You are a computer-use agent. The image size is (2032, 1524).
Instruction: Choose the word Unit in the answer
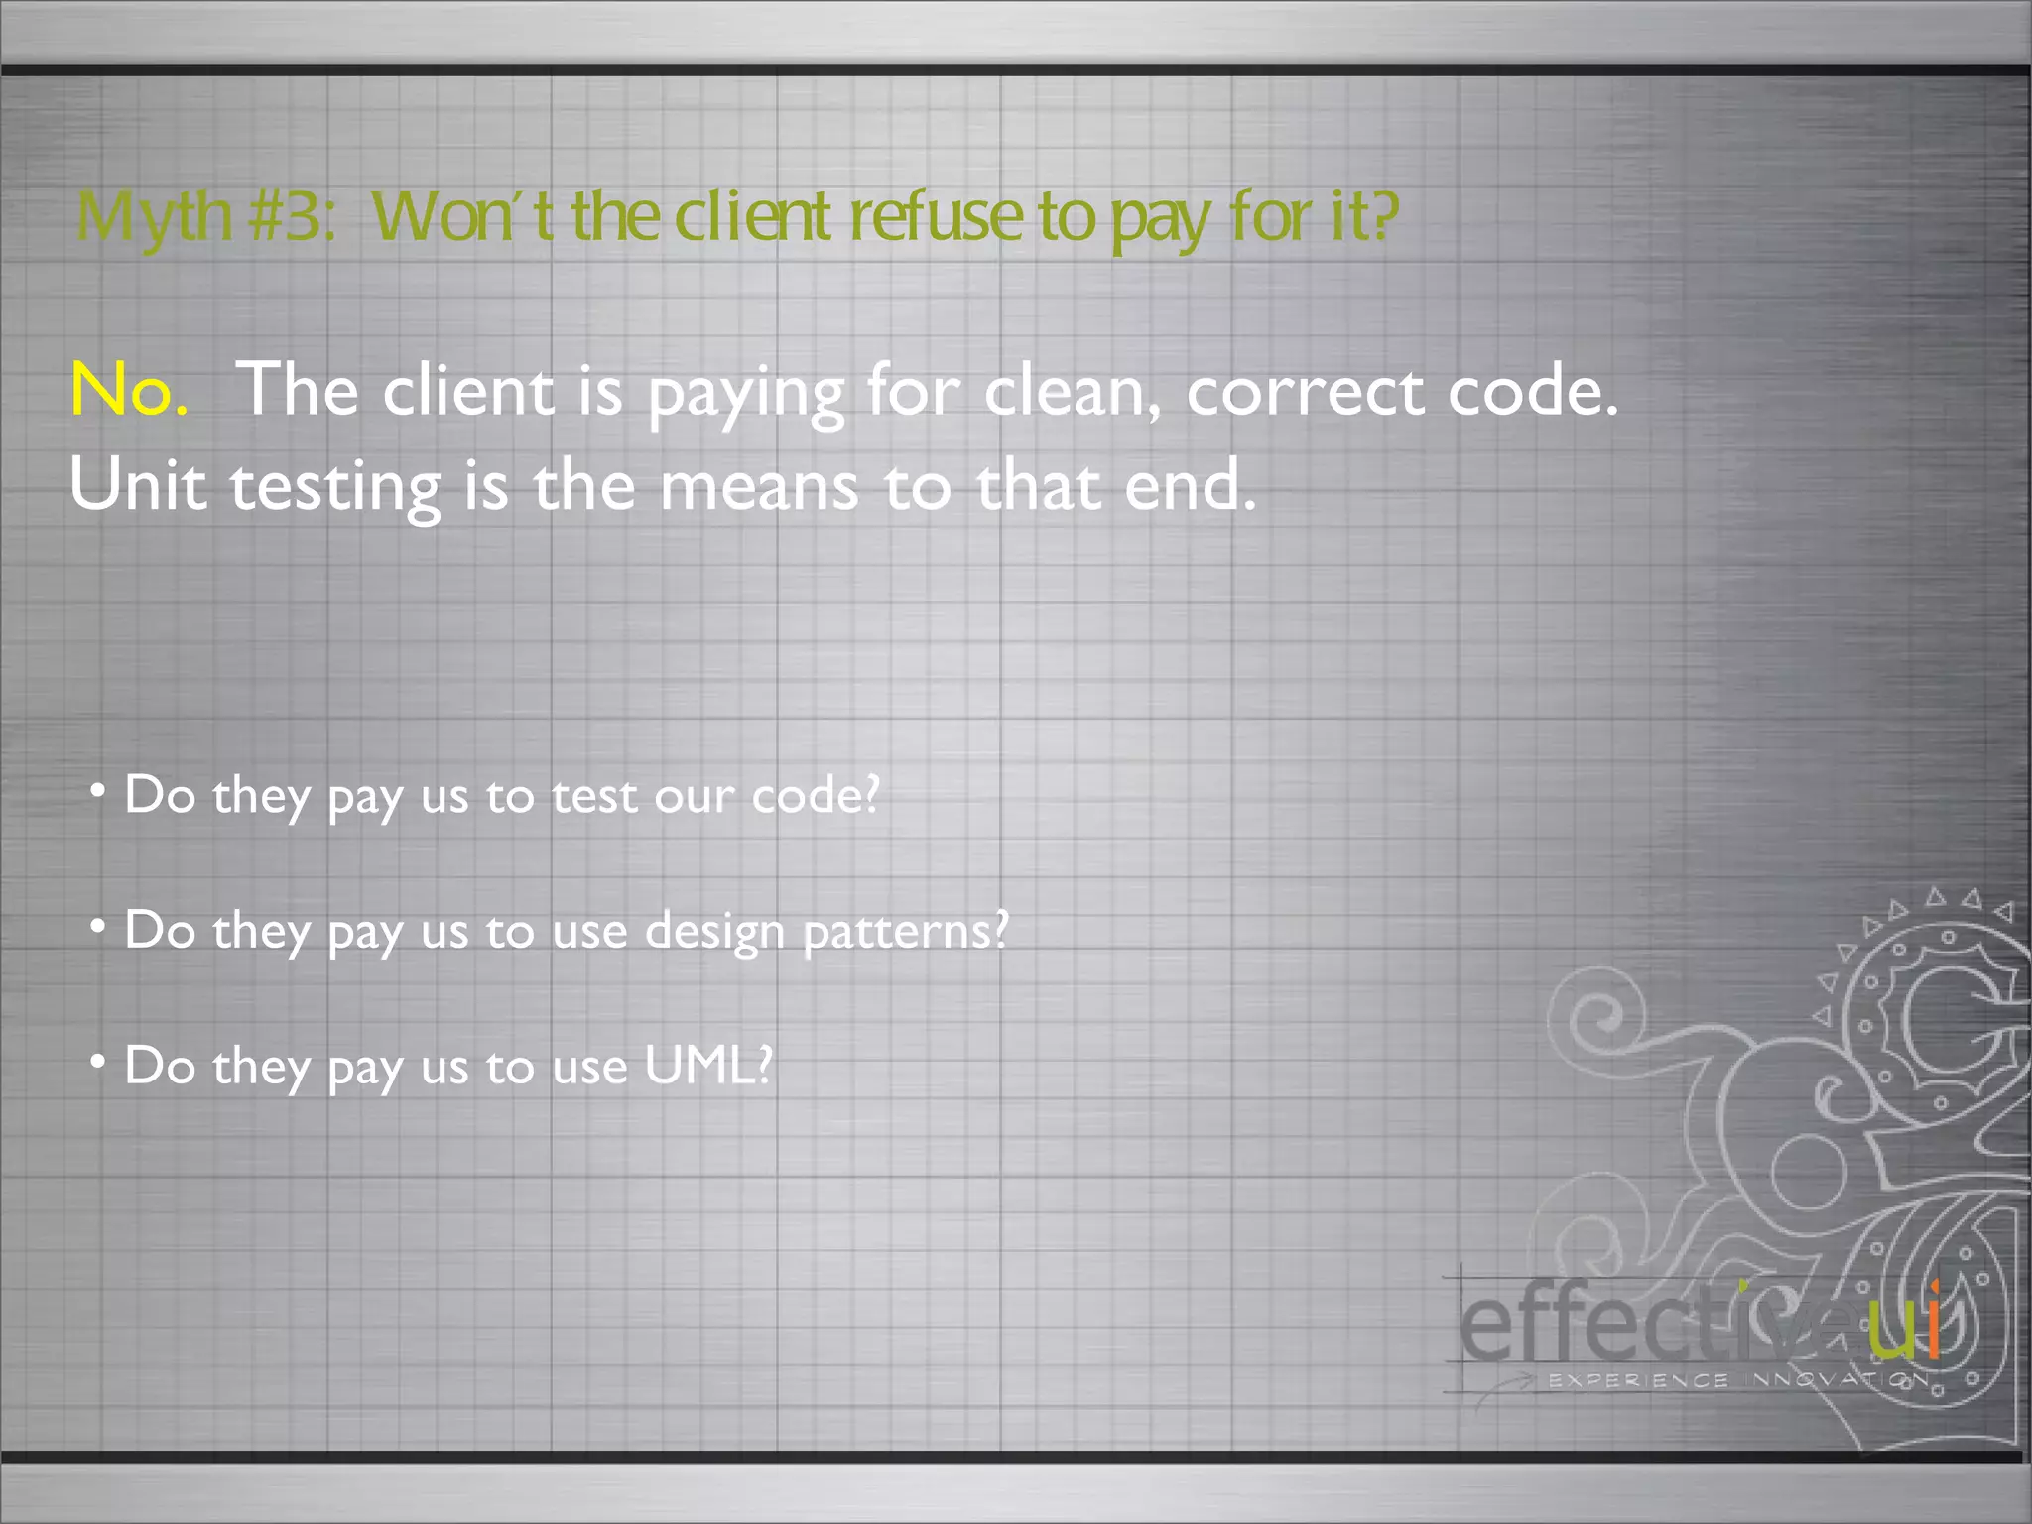(138, 485)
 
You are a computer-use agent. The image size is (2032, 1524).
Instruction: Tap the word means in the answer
(759, 487)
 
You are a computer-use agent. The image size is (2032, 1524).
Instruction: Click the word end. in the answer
(1190, 485)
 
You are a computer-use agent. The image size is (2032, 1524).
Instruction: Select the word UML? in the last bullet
(707, 1066)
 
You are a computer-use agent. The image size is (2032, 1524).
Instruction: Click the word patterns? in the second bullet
(905, 932)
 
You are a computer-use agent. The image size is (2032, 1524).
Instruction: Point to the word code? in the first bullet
(816, 795)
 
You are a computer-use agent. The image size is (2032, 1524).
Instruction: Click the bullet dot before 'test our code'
(97, 791)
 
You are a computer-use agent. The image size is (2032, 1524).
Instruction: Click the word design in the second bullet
(713, 932)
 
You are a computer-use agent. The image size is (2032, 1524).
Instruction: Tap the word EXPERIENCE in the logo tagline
(1638, 1380)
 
